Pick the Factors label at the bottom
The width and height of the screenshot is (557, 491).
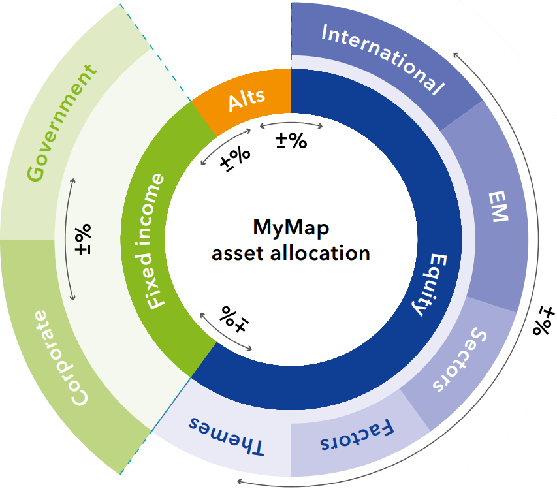coord(358,437)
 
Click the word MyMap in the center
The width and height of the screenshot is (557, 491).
coord(291,229)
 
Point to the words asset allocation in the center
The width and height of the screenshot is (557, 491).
coord(291,253)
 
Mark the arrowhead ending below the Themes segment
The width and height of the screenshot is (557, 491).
coord(240,482)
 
